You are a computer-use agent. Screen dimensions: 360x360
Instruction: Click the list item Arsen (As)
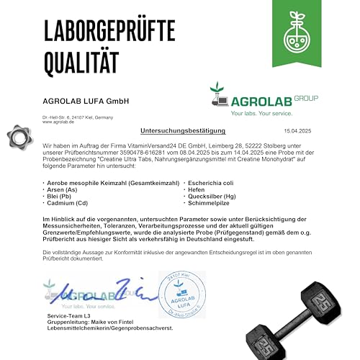pyautogui.click(x=63, y=189)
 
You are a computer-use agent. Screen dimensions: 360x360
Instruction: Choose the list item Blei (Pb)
pyautogui.click(x=59, y=197)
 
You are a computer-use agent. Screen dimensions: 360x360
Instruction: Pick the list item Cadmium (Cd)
pyautogui.click(x=68, y=204)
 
